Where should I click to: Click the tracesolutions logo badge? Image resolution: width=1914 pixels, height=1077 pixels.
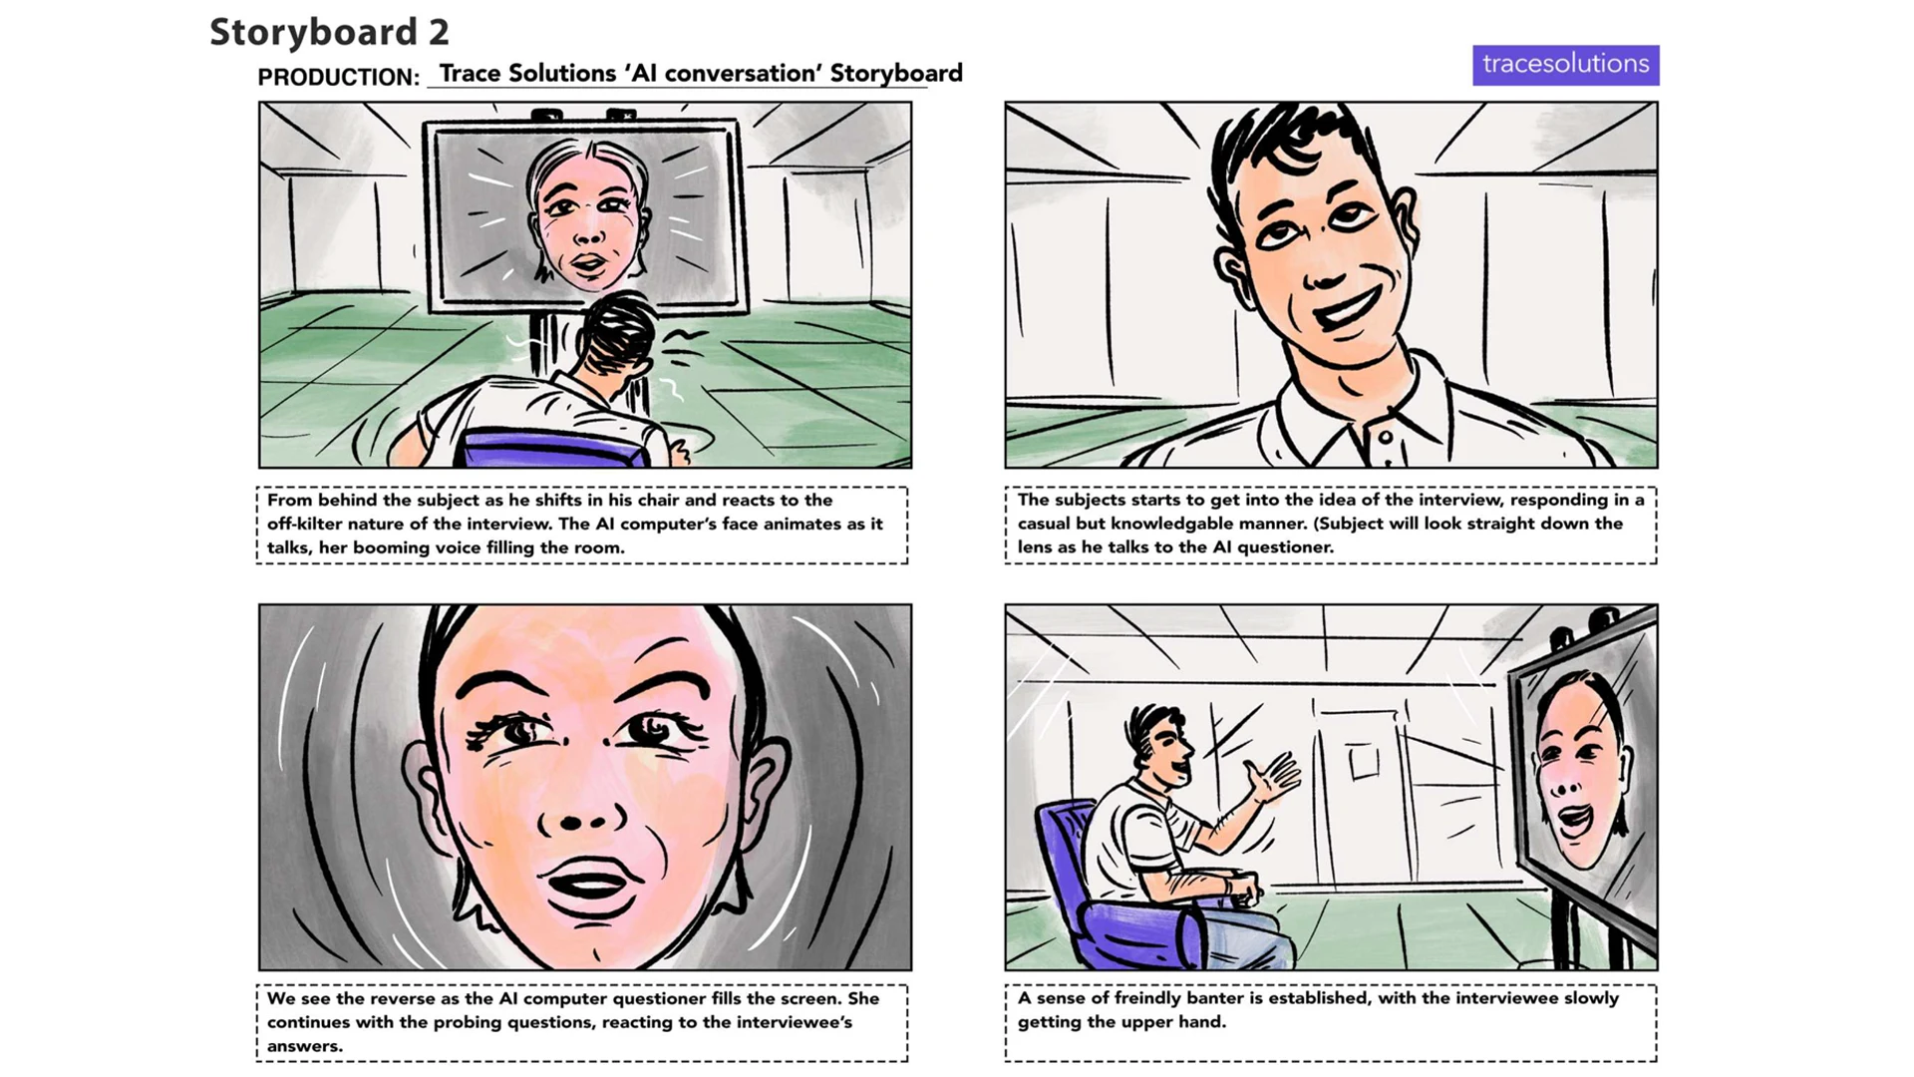1565,65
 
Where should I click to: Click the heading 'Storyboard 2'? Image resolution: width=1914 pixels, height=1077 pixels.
329,32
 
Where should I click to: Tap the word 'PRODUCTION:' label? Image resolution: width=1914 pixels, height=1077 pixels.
338,77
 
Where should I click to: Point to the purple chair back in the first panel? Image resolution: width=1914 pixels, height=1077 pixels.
553,448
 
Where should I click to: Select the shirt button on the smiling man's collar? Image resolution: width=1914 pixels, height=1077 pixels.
1384,437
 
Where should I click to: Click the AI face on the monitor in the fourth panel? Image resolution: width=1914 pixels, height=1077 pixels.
1580,768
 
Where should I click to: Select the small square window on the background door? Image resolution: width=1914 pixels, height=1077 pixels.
1364,763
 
